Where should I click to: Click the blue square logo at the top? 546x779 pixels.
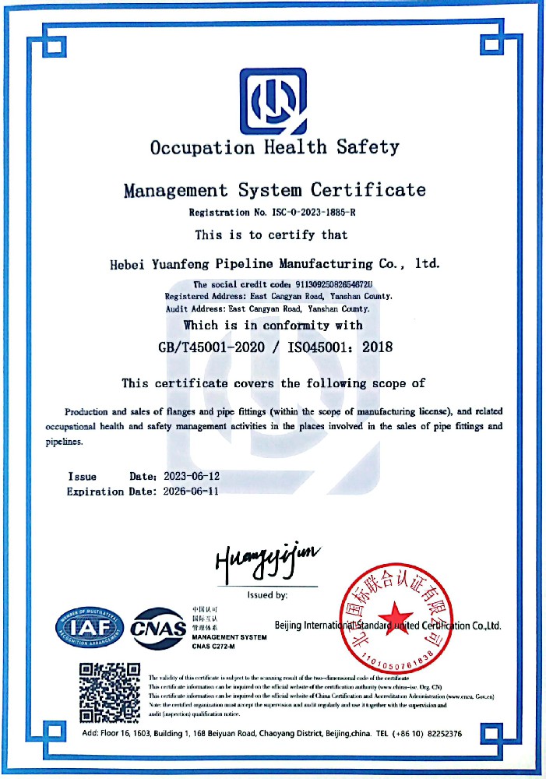click(273, 100)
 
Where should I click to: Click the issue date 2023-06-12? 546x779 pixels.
click(193, 476)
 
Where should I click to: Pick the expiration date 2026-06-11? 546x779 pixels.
click(193, 492)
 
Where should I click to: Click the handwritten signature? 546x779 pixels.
click(266, 562)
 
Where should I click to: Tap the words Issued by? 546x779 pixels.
click(267, 595)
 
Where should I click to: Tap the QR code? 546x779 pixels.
click(110, 691)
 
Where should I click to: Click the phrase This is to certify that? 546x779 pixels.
click(271, 234)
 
